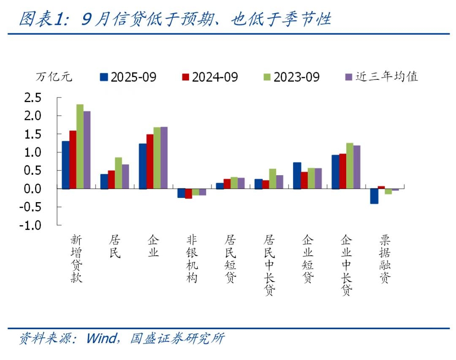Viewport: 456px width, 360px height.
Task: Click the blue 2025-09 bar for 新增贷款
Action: tap(65, 165)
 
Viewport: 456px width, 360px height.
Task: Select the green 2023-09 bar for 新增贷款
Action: tap(80, 146)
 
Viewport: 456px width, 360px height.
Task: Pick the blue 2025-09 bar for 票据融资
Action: tap(374, 196)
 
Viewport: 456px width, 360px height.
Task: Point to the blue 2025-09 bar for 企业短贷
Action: tap(297, 175)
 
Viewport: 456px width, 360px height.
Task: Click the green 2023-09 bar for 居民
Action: tap(118, 173)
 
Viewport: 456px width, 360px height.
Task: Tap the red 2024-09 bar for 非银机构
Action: tap(188, 193)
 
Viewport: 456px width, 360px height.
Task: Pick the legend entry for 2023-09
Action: tap(291, 77)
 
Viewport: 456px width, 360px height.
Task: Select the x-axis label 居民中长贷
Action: tap(269, 265)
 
